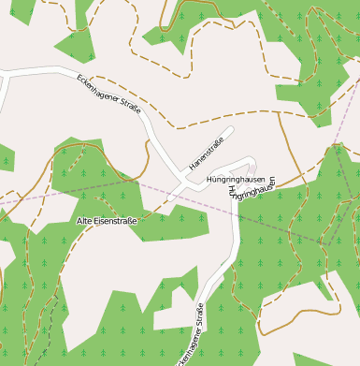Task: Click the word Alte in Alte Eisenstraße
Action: click(x=86, y=221)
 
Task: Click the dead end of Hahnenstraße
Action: click(x=230, y=130)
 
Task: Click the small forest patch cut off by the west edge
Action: click(x=5, y=159)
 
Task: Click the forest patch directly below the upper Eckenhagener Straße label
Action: click(x=94, y=178)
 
